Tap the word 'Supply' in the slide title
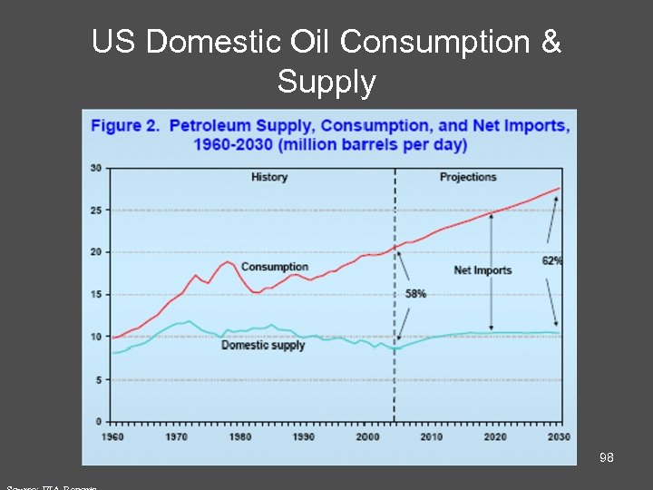(x=326, y=83)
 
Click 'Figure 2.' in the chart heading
(x=125, y=126)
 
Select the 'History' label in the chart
(x=269, y=177)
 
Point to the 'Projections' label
(x=468, y=177)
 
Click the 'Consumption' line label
(x=274, y=267)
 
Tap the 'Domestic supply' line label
(x=263, y=345)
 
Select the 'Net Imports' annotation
(x=482, y=270)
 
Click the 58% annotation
(x=415, y=294)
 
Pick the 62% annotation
(x=551, y=260)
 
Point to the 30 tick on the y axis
(x=95, y=168)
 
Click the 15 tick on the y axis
(x=95, y=295)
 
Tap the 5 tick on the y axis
(x=98, y=379)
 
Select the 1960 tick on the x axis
(x=112, y=437)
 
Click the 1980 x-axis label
(x=239, y=437)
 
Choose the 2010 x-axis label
(x=431, y=437)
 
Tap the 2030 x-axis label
(x=559, y=437)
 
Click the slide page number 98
(x=606, y=457)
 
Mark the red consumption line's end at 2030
(x=560, y=188)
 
